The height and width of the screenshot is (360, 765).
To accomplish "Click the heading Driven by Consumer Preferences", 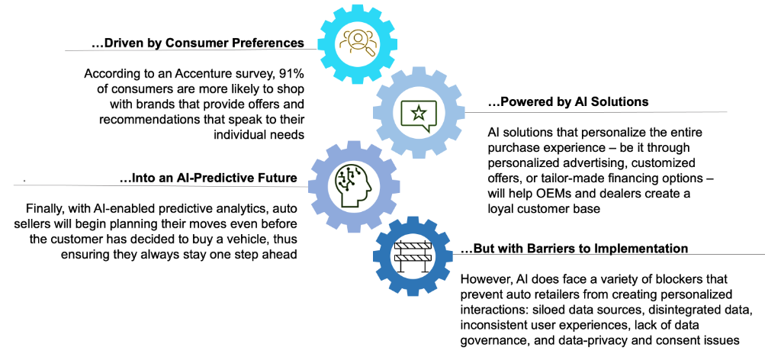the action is (x=198, y=43).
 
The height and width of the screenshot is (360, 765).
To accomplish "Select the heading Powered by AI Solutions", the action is (x=568, y=101).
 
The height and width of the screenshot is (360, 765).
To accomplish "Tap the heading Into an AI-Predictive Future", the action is (x=208, y=178).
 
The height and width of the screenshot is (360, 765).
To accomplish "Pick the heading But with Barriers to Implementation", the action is (x=574, y=249).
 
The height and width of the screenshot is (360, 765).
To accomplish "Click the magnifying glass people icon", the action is (x=358, y=43).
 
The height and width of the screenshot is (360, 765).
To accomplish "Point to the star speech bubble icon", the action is (x=418, y=114).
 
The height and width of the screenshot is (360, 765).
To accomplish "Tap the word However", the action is (x=482, y=280).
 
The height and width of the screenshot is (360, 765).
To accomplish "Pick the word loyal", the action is (x=500, y=208).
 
